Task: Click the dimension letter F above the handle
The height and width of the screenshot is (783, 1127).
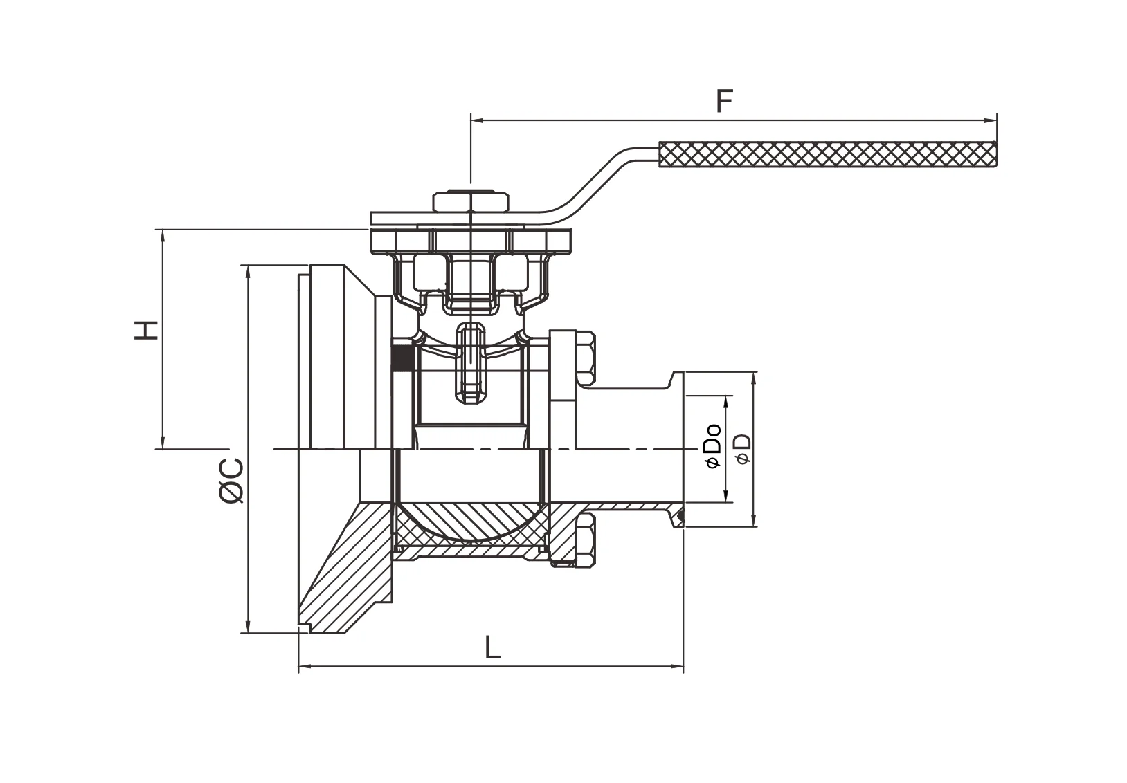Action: (x=724, y=101)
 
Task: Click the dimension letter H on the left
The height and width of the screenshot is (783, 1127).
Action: (x=146, y=330)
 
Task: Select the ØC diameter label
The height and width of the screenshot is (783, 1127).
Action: (x=231, y=481)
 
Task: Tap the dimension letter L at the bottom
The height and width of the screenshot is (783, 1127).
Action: (x=493, y=647)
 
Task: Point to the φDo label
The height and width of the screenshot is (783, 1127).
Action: (x=714, y=446)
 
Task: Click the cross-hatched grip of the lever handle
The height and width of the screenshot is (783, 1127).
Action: (x=828, y=154)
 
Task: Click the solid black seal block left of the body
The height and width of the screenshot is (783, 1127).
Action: (x=402, y=358)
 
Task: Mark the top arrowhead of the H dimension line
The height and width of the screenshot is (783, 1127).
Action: (x=163, y=236)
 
